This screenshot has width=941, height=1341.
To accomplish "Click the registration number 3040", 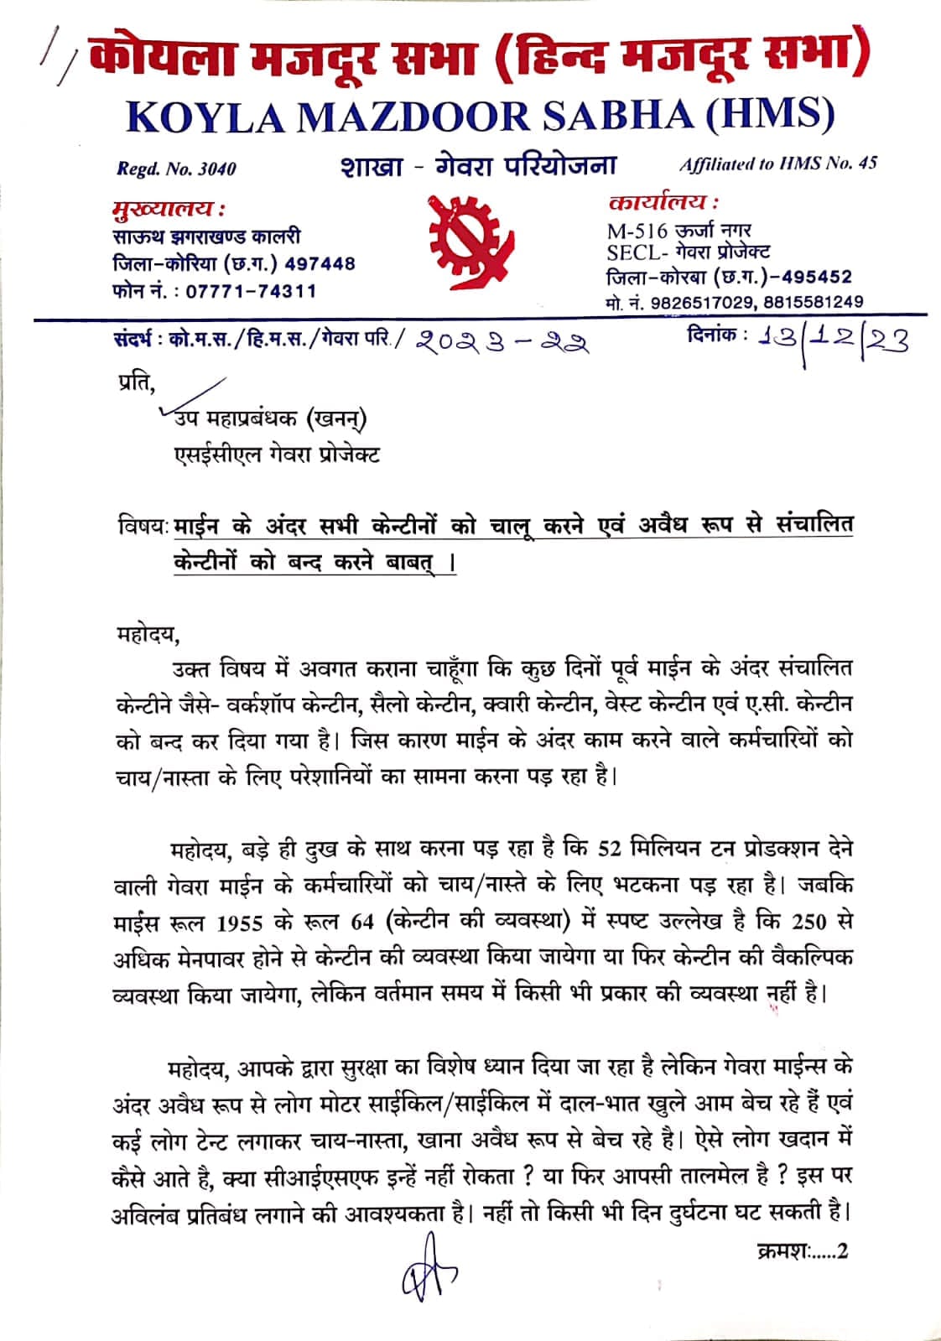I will click(x=216, y=169).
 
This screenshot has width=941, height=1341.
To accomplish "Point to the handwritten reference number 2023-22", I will click(x=501, y=343).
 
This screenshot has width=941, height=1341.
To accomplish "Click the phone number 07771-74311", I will click(x=251, y=292).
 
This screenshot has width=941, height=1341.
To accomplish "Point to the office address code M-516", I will click(x=637, y=231).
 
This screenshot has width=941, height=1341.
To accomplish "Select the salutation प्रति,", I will click(x=136, y=384).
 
